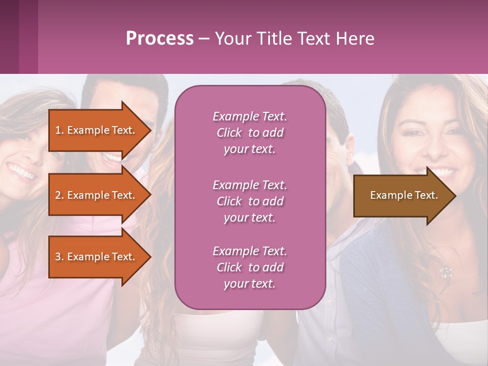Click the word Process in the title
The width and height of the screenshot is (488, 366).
tap(160, 38)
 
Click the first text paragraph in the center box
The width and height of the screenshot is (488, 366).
tap(250, 133)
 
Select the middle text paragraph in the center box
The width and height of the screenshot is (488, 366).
tap(250, 201)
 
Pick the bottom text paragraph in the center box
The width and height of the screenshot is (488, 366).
tap(250, 267)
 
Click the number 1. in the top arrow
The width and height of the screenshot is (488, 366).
tap(59, 130)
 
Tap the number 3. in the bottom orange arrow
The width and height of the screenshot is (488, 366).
tap(59, 257)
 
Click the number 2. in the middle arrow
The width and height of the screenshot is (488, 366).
tap(59, 195)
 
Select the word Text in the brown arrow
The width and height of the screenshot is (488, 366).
tap(426, 195)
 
